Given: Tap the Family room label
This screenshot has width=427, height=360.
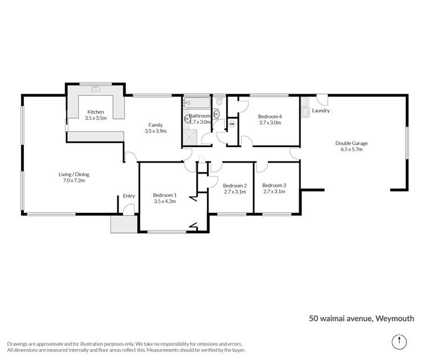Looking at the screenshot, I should tap(156, 125).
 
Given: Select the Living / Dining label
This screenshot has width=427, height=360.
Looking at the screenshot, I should tap(74, 175).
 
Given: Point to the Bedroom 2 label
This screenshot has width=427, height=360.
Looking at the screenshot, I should tap(234, 185).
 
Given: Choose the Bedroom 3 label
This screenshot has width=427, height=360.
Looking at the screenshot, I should tap(274, 185).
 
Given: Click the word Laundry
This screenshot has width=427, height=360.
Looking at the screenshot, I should tap(321, 111).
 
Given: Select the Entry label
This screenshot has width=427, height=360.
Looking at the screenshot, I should tap(129, 196).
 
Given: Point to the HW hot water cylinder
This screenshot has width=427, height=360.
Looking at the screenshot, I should tap(232, 123).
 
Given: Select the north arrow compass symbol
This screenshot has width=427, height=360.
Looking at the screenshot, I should tap(400, 342).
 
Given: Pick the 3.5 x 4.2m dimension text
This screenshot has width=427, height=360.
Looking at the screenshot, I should tap(165, 201).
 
